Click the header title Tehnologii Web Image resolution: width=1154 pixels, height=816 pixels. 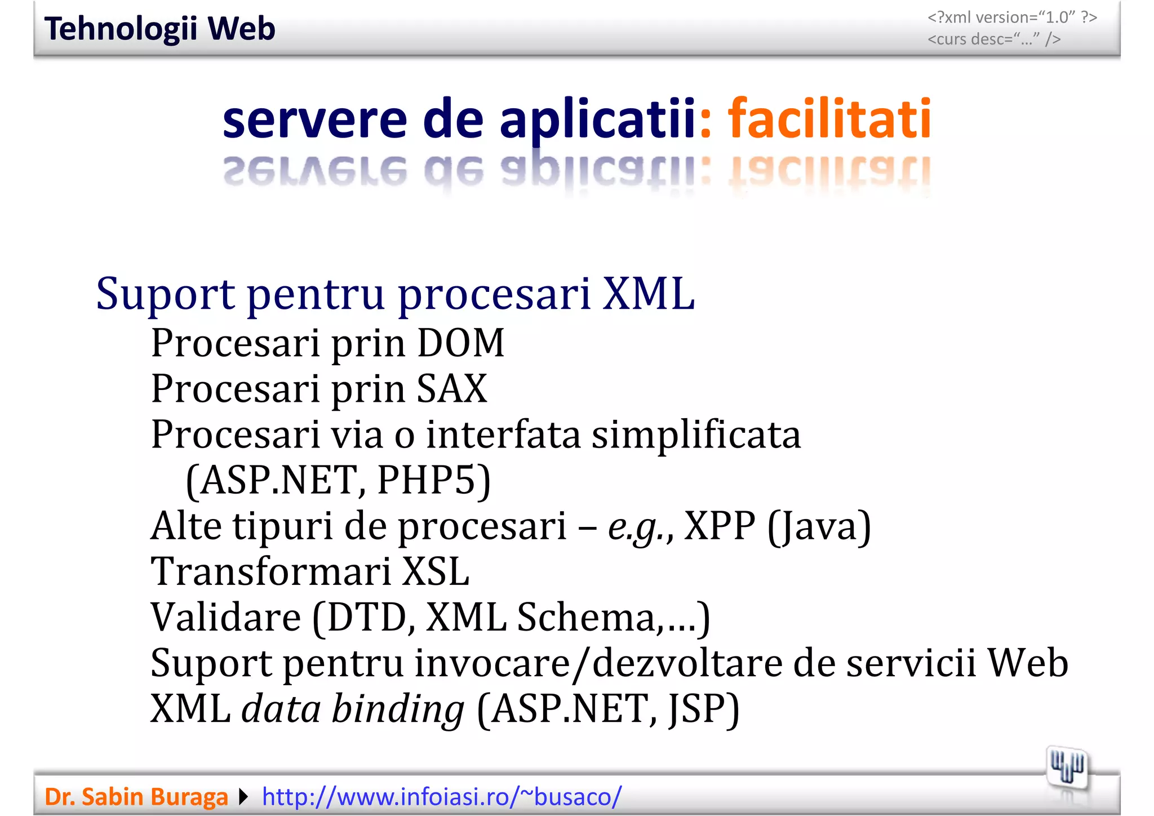(x=159, y=29)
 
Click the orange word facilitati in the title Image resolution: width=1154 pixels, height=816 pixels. (x=829, y=119)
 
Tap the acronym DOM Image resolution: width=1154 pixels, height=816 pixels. (x=460, y=343)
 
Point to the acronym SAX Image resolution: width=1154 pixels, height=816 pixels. (x=452, y=389)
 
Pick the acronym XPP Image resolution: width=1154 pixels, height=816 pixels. (x=720, y=526)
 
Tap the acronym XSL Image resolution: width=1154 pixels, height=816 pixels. (x=436, y=572)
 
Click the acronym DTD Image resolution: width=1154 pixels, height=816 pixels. (x=367, y=618)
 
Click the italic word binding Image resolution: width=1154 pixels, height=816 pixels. (x=398, y=709)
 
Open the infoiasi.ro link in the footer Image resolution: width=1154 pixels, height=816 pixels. (x=442, y=797)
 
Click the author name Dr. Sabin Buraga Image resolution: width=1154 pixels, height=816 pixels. (x=136, y=797)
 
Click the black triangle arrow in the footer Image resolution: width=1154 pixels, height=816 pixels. (x=243, y=797)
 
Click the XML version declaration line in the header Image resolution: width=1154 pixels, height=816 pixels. (x=1012, y=17)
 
